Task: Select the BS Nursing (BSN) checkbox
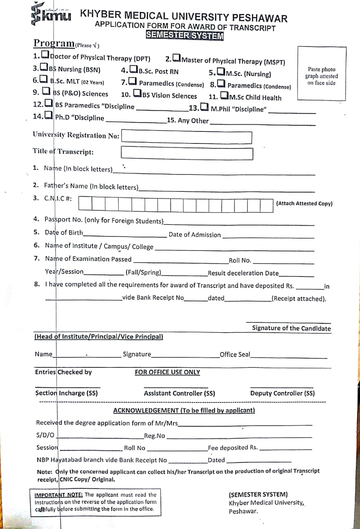pos(44,68)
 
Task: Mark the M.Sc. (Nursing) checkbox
pos(221,73)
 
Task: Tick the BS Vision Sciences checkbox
pos(137,95)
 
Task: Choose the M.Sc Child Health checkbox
pos(224,96)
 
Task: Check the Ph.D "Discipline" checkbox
pos(48,116)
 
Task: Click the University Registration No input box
pos(186,137)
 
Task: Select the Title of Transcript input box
pos(186,153)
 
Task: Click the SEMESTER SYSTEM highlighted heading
pos(184,36)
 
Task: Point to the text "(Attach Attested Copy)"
pos(304,203)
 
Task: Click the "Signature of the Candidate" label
pos(291,329)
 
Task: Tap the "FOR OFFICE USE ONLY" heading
pos(167,372)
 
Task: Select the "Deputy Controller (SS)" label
pos(282,393)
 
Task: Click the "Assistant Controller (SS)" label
pos(179,393)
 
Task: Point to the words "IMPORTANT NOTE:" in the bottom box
pos(59,495)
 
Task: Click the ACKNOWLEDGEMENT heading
pos(184,410)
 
